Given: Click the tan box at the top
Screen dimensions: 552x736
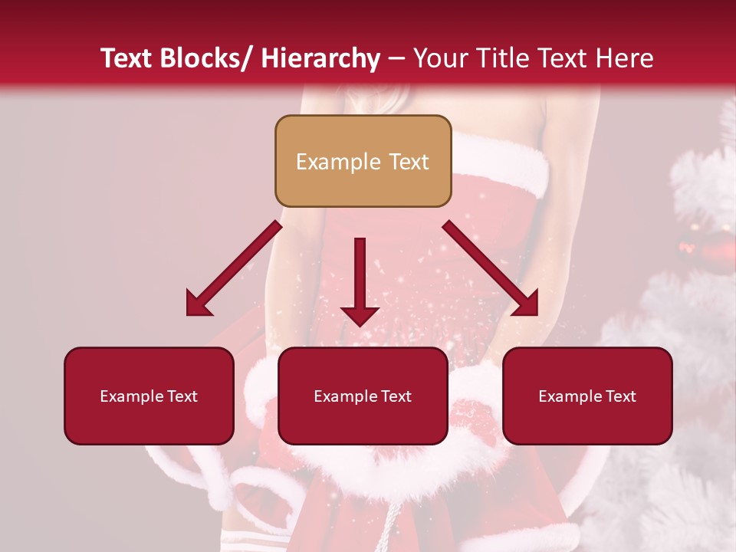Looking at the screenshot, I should tap(363, 161).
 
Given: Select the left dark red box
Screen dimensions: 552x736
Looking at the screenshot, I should tap(149, 396).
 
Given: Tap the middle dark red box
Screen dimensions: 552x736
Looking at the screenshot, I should tap(363, 396).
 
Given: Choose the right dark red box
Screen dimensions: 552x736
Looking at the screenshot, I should tap(587, 396).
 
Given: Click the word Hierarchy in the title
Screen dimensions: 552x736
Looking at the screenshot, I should tap(320, 58).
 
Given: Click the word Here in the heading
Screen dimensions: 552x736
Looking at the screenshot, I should tap(626, 58).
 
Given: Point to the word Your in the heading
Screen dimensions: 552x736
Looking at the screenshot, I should tap(441, 58).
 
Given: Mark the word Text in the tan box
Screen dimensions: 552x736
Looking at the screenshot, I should tap(408, 162).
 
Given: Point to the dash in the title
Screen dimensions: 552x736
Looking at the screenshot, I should tap(396, 60).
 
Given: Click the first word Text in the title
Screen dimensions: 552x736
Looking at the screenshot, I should tap(128, 58).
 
